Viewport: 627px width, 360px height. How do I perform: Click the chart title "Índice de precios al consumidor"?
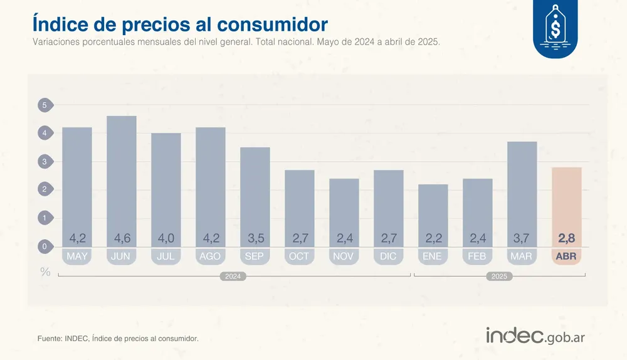tap(179, 24)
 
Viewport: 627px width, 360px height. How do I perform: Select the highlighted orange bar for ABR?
tap(566, 201)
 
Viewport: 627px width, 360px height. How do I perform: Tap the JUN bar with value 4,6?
tap(122, 176)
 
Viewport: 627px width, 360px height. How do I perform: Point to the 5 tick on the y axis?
tap(45, 105)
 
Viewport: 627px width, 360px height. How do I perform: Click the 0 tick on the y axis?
tap(45, 246)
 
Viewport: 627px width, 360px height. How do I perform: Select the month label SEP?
tap(255, 257)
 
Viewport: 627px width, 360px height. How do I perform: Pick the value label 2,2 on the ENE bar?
tap(433, 238)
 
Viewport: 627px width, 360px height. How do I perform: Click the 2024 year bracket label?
tap(233, 276)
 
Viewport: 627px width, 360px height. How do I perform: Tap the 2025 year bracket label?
tap(499, 276)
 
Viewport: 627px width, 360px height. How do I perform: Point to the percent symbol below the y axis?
tap(45, 272)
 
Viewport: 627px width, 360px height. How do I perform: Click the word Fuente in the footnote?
tap(50, 339)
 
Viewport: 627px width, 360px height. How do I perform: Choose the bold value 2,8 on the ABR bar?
tap(566, 238)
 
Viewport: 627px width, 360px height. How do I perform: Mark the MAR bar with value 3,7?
tap(522, 188)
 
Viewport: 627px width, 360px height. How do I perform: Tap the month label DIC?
tap(388, 257)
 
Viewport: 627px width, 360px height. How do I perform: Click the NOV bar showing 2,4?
tap(344, 207)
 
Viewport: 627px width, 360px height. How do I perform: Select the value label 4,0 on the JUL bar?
tap(166, 238)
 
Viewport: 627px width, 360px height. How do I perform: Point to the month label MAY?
tap(77, 257)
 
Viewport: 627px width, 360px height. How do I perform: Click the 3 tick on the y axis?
tap(45, 162)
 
